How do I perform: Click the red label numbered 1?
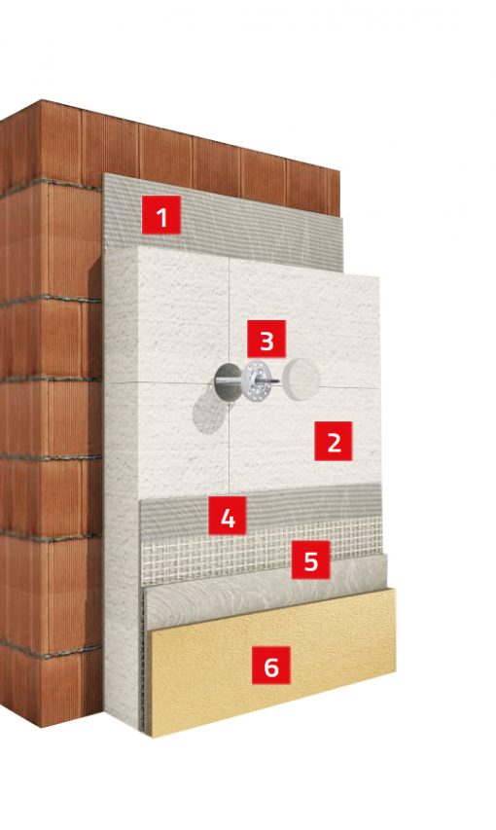[x=161, y=215]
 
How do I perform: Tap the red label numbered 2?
[x=334, y=441]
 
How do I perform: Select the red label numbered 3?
[x=266, y=339]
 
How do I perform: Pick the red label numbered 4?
[x=228, y=515]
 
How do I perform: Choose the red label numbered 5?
[x=310, y=559]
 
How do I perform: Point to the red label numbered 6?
[x=271, y=666]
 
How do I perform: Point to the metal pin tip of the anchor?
[x=276, y=380]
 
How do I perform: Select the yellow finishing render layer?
[x=272, y=662]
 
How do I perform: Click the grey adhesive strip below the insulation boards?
[x=260, y=507]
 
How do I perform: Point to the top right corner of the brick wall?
[x=339, y=170]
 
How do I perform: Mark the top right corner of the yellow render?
[x=395, y=588]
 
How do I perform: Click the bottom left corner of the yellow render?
[x=151, y=737]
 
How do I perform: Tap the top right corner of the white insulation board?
[x=379, y=275]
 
